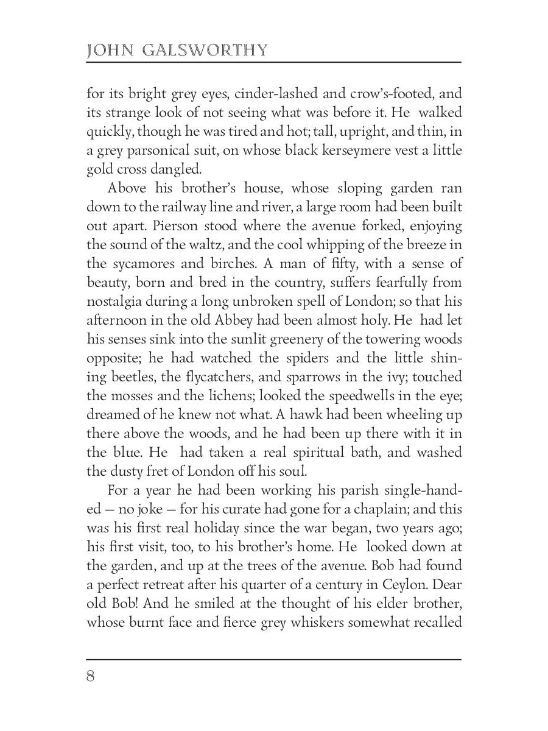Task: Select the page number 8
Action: click(91, 677)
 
